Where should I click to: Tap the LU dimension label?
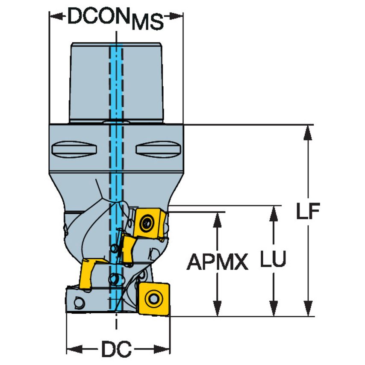(273, 260)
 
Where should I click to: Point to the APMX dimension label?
(218, 262)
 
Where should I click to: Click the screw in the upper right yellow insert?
(148, 222)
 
